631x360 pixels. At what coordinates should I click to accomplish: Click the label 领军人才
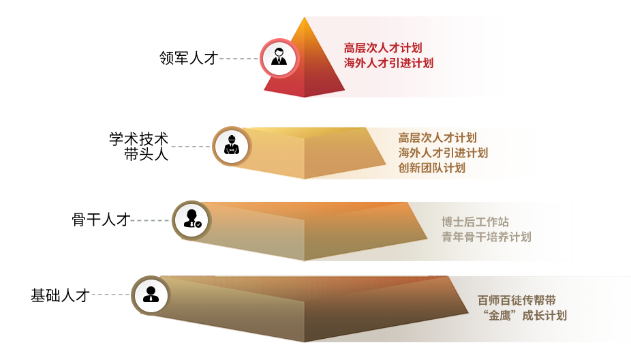[x=187, y=59]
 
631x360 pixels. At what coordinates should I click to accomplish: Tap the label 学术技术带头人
[x=139, y=147]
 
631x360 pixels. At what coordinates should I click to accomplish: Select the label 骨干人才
[x=100, y=220]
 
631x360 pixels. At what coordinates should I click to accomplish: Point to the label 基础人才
[x=60, y=295]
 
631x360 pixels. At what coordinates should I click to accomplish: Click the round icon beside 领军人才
[x=279, y=58]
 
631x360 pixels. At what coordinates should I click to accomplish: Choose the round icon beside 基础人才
[x=151, y=295]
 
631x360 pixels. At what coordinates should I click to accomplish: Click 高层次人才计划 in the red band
[x=383, y=48]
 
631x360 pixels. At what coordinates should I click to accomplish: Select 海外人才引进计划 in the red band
[x=388, y=63]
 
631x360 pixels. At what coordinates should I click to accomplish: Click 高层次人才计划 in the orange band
[x=437, y=138]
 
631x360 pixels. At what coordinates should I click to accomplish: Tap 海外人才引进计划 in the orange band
[x=443, y=153]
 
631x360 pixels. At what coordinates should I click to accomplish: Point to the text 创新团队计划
[x=432, y=168]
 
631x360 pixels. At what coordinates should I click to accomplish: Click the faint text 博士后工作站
[x=475, y=222]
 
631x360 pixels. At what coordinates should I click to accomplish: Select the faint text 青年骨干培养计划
[x=486, y=237]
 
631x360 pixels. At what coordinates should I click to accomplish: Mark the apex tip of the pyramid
[x=305, y=18]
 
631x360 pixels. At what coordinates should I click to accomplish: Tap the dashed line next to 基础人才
[x=110, y=295]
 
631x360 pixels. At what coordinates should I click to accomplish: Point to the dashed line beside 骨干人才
[x=150, y=220]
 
